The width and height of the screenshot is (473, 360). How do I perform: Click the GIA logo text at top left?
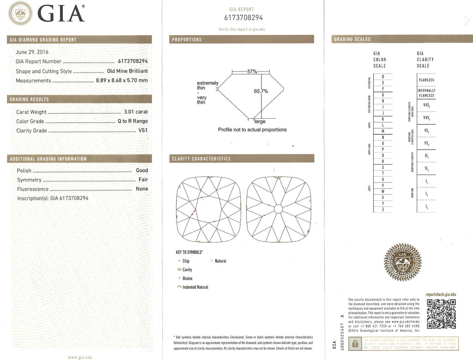click(61, 13)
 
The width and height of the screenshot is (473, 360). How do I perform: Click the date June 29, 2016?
click(32, 52)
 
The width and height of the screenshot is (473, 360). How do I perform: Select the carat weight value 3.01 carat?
click(136, 112)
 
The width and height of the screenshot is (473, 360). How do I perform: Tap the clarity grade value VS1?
click(143, 131)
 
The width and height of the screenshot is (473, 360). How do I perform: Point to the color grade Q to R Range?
click(133, 121)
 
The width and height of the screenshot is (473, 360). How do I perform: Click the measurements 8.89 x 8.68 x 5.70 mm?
click(122, 80)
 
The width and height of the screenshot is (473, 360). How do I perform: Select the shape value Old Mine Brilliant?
click(127, 71)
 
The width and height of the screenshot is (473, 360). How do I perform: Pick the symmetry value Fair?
click(143, 180)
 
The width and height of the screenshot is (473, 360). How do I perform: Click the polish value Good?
click(142, 170)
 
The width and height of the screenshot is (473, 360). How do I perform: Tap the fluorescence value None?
click(142, 189)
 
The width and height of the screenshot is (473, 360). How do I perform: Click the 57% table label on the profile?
click(252, 72)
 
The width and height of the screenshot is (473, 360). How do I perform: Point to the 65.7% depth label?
click(261, 91)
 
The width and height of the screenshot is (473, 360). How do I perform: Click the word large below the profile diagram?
click(260, 121)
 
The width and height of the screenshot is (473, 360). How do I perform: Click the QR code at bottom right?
click(441, 314)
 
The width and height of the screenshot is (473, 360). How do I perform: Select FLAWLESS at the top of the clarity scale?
click(426, 80)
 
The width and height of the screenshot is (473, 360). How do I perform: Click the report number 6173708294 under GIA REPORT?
click(243, 18)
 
